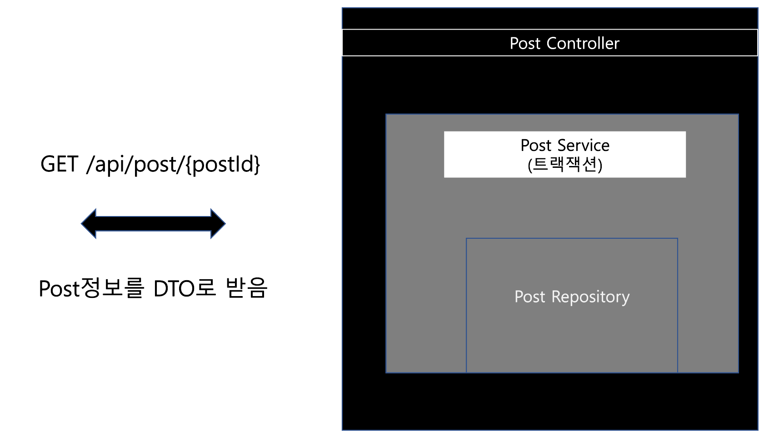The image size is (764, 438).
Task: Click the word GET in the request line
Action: (x=59, y=164)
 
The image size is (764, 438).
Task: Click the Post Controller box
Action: (x=550, y=43)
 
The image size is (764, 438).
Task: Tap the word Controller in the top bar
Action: (x=583, y=43)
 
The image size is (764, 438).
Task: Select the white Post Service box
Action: (x=564, y=154)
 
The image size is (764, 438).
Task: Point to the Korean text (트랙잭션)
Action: (x=565, y=164)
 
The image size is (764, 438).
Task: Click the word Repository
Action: (x=590, y=297)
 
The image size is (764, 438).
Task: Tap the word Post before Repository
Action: (x=529, y=297)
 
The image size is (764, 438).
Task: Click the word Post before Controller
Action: (x=525, y=43)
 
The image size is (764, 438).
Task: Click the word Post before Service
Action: (x=536, y=146)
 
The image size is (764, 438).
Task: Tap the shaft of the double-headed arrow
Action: (x=153, y=224)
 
